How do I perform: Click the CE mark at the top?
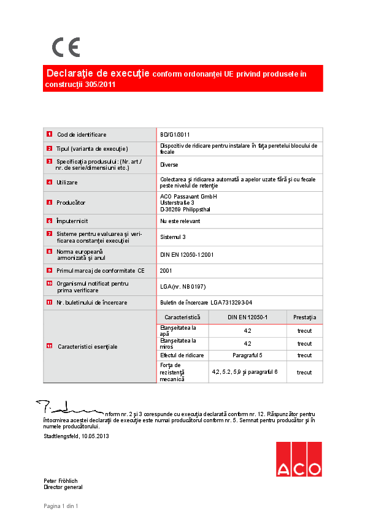click(66, 47)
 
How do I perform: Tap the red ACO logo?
click(298, 459)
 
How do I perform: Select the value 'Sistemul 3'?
click(174, 237)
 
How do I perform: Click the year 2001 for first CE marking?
click(166, 270)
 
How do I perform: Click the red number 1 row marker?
click(48, 134)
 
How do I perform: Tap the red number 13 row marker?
click(48, 347)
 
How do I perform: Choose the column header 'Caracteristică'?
click(183, 317)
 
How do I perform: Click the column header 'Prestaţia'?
click(304, 317)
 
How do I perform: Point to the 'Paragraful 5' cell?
click(247, 355)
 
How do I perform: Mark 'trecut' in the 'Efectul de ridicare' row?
click(304, 355)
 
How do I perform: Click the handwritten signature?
click(67, 408)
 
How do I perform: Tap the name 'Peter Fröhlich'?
click(60, 481)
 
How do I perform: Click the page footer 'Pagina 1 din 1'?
click(61, 506)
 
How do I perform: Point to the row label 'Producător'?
click(71, 202)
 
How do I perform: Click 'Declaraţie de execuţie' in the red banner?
click(98, 74)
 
